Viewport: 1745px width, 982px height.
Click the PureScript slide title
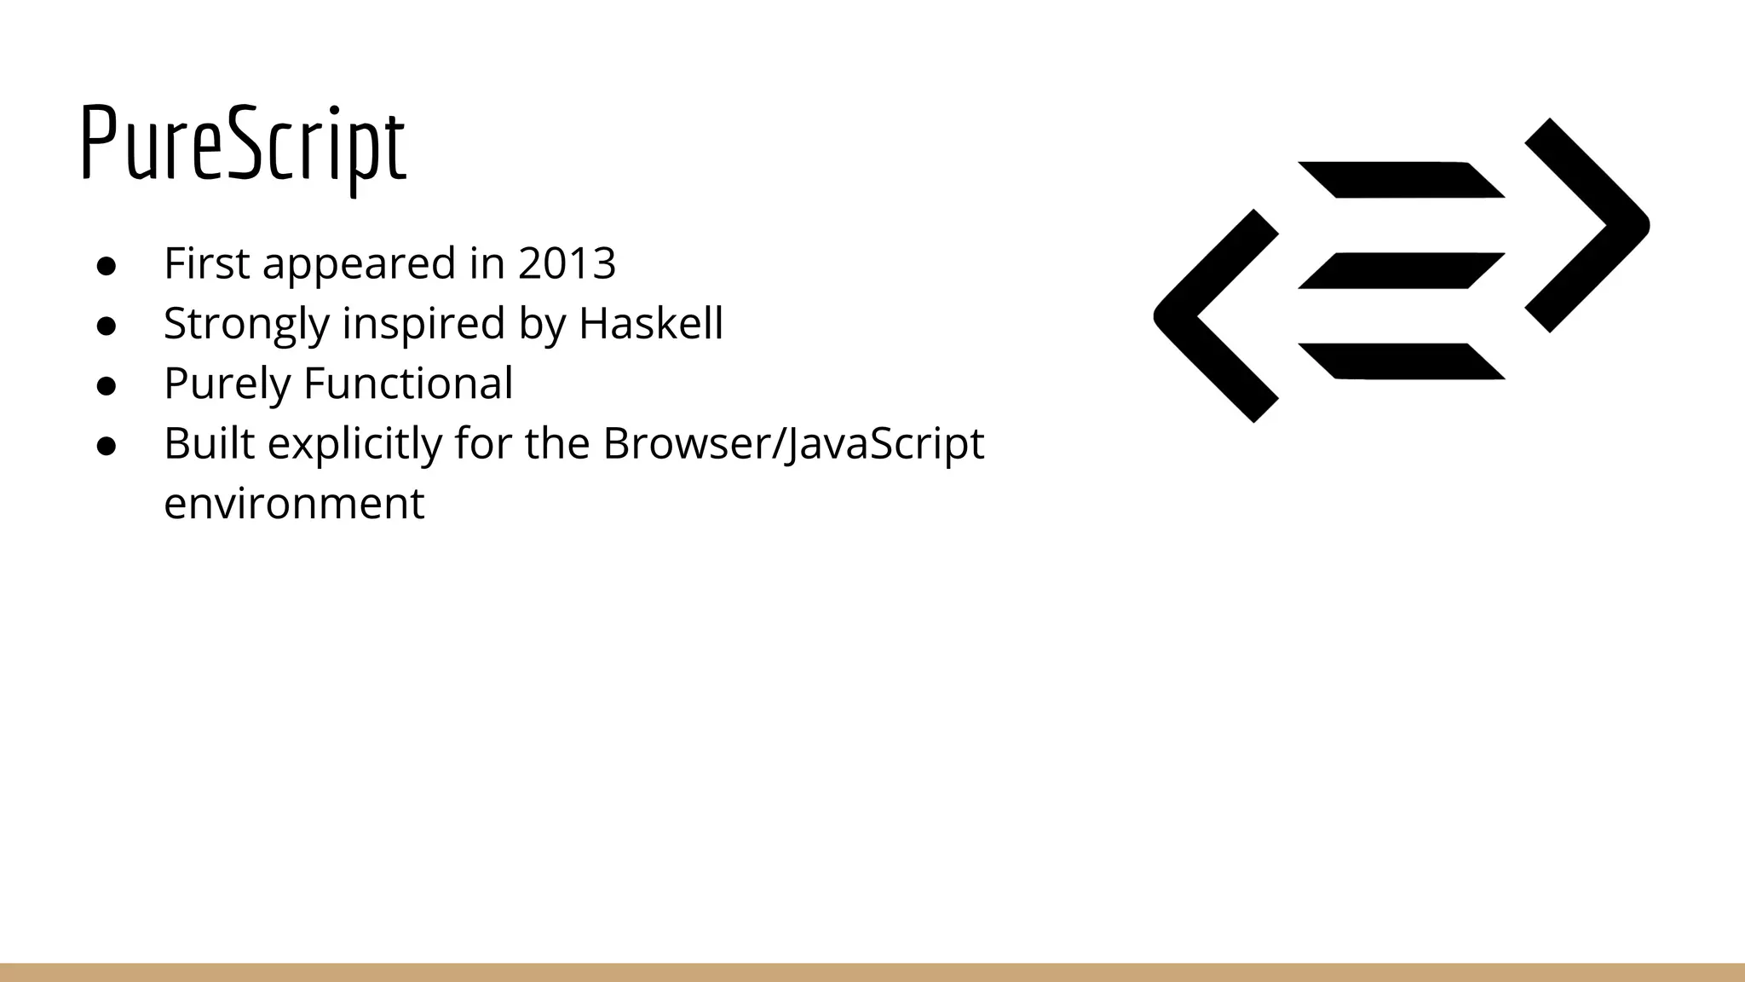point(244,145)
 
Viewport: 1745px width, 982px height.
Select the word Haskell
point(651,324)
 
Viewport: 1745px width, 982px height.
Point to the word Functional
point(408,384)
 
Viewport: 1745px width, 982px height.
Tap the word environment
point(294,504)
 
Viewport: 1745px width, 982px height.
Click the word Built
point(210,443)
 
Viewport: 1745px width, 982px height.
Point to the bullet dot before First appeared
point(107,265)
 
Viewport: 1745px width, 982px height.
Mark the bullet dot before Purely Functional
point(107,385)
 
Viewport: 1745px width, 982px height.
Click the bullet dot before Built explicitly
point(107,446)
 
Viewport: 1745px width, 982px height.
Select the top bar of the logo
point(1402,180)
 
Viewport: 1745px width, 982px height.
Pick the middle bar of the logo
point(1402,270)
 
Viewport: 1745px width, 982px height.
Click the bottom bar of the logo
point(1402,361)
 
